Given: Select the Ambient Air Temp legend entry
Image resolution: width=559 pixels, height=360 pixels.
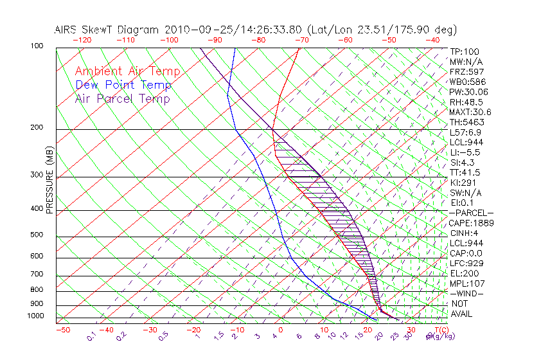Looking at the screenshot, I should pyautogui.click(x=128, y=71).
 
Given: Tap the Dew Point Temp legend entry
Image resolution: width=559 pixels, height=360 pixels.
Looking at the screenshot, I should pyautogui.click(x=123, y=85).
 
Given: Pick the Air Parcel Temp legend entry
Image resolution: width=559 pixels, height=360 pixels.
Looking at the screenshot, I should pyautogui.click(x=122, y=98).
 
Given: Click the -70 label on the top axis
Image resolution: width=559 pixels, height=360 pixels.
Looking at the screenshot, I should pyautogui.click(x=301, y=40).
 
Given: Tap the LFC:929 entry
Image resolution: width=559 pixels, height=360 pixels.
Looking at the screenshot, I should pyautogui.click(x=466, y=264).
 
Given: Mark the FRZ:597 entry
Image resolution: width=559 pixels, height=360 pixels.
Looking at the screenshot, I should pyautogui.click(x=466, y=71).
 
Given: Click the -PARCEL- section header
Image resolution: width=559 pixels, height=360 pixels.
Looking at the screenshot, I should pyautogui.click(x=471, y=213).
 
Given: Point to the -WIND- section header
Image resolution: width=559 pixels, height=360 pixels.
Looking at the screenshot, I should pyautogui.click(x=467, y=294).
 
